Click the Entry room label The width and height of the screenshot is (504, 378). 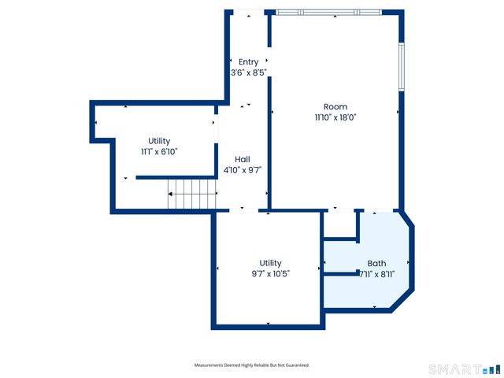point(249,62)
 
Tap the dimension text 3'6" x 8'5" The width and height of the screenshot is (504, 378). point(249,72)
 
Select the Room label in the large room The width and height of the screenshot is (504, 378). point(335,106)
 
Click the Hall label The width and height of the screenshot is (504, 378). point(242,158)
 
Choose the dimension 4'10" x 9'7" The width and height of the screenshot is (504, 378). point(242,169)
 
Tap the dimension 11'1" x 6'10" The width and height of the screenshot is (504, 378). point(159,151)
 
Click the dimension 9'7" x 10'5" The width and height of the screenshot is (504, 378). point(270,274)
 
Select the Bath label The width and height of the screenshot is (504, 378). point(376,264)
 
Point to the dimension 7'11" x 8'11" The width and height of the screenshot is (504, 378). point(377,274)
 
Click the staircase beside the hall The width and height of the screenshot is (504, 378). point(192,189)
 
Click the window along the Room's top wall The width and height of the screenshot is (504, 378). point(328,12)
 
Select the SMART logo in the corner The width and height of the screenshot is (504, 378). point(464,369)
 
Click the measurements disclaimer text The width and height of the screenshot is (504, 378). point(252,365)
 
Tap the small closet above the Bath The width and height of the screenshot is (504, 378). point(341,224)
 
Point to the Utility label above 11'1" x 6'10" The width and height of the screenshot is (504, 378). point(159,141)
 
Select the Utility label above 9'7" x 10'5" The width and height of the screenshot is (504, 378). point(270,263)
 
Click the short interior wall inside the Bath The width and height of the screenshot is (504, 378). point(341,274)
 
